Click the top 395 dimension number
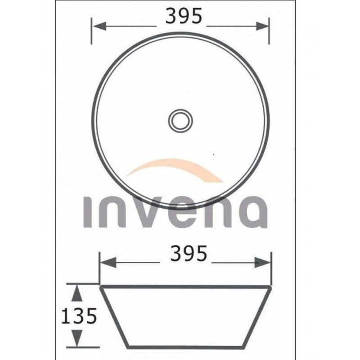tap(184, 16)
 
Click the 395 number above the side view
tap(189, 253)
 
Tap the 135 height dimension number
tap(79, 316)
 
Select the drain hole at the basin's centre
tap(180, 121)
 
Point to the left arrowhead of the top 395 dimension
tap(99, 26)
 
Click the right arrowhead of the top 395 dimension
tap(262, 26)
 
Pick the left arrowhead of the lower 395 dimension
tap(108, 262)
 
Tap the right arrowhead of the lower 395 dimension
tap(263, 262)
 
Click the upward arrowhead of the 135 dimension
tap(77, 293)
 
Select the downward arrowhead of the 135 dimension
tap(77, 338)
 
